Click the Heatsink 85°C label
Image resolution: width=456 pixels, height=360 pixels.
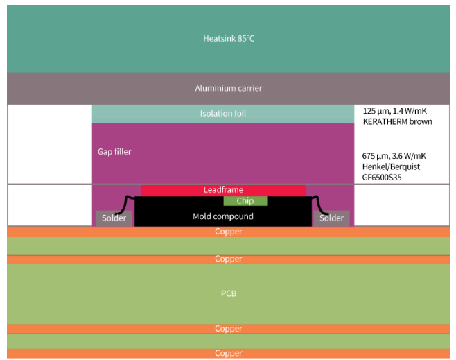pos(228,38)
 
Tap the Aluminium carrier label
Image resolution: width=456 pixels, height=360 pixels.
pos(228,88)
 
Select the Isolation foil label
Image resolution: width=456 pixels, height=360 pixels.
pos(223,113)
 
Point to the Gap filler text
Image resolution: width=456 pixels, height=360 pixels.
pos(114,151)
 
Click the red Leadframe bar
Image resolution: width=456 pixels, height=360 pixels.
pos(223,189)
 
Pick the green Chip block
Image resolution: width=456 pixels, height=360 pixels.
pos(245,201)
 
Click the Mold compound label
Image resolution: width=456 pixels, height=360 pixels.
pos(223,216)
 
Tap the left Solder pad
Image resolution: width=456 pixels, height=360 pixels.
pos(114,218)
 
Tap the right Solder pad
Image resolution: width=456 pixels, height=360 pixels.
pos(331,218)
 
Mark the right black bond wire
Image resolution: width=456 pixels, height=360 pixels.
pos(322,204)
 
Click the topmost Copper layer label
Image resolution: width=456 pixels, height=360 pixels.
pos(228,232)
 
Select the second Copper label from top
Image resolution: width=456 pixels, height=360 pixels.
pos(228,259)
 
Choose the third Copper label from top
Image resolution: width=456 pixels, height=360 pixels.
pos(228,328)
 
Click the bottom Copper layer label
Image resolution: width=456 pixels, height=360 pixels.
pos(228,353)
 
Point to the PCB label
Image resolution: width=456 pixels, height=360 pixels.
pos(228,294)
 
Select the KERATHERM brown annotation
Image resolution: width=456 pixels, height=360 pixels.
pos(397,121)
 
